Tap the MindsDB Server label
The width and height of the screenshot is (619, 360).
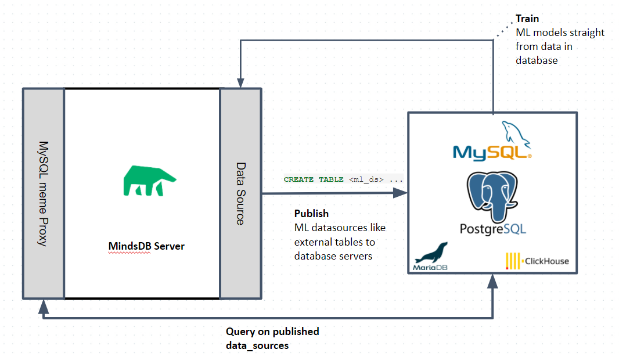146,246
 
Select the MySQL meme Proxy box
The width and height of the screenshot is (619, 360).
43,193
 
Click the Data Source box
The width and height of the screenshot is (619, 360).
240,193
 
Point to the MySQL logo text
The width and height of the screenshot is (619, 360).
491,152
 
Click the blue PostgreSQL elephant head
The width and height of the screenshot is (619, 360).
493,195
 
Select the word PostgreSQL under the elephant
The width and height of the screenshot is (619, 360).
493,229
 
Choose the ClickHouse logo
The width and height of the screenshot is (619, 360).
537,261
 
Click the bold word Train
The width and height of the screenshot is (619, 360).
527,19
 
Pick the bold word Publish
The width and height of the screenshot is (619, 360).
311,213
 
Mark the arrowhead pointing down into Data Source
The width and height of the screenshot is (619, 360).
240,82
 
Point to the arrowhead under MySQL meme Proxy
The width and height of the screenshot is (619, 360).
43,306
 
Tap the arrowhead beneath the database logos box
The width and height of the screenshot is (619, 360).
493,282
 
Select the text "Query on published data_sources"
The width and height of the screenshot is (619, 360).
272,339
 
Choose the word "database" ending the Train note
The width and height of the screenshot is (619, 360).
537,60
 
